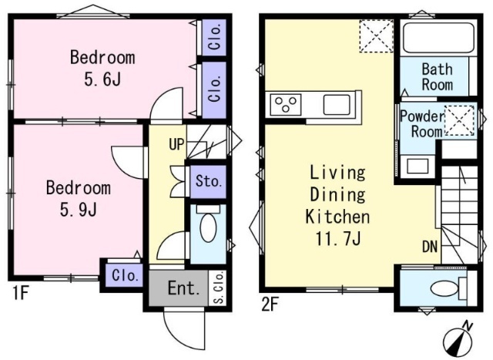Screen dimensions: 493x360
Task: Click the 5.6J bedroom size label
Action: point(102,79)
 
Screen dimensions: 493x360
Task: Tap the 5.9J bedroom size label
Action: point(79,209)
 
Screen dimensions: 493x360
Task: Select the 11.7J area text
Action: point(338,238)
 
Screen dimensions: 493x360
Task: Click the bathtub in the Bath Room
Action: point(438,38)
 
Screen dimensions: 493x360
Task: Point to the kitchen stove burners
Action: point(286,104)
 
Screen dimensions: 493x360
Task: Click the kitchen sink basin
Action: point(337,105)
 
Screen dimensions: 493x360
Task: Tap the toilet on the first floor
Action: point(208,224)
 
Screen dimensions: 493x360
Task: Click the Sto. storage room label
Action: point(207,181)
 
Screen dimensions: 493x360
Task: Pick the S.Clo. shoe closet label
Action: point(219,288)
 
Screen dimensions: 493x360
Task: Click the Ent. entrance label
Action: point(184,288)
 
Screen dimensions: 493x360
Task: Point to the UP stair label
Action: point(176,144)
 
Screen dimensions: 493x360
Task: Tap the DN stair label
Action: point(430,247)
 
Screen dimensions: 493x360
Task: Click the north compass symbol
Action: point(459,339)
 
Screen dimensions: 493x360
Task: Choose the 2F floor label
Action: point(270,304)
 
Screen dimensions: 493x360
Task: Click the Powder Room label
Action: point(423,123)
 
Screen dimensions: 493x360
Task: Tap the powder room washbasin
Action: point(418,166)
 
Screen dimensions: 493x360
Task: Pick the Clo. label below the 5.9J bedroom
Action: point(125,276)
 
